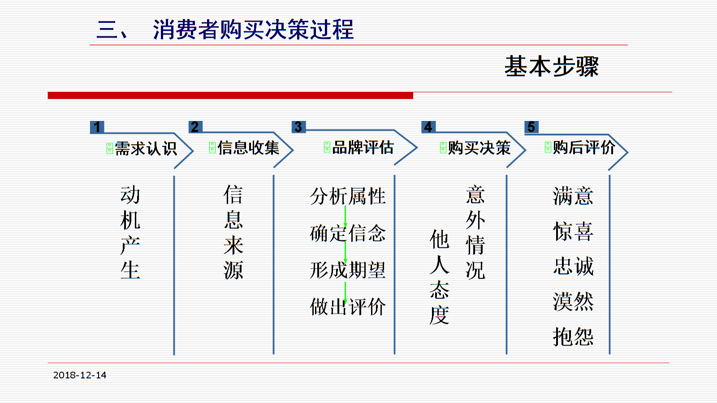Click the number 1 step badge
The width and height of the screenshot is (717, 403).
click(97, 127)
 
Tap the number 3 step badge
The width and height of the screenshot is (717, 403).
click(298, 127)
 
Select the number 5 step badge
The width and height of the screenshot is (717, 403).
click(531, 127)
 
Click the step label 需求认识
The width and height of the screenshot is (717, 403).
click(146, 149)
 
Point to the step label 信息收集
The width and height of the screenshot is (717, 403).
click(248, 148)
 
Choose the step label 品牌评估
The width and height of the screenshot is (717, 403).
click(363, 147)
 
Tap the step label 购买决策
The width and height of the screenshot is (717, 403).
click(479, 148)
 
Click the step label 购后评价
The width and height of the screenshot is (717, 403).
click(584, 147)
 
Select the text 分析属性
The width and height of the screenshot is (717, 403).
click(348, 196)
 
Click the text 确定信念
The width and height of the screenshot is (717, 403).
click(348, 233)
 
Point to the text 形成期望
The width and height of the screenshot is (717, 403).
click(348, 270)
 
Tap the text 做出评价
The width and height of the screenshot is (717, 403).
click(348, 307)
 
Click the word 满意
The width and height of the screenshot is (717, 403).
click(573, 196)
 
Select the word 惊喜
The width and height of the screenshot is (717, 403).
click(573, 231)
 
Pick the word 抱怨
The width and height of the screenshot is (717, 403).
click(573, 337)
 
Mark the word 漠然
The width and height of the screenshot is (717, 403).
click(573, 302)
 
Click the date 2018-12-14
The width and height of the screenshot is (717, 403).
click(80, 375)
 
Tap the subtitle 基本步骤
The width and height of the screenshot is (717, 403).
click(552, 66)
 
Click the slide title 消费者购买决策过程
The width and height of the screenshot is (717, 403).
click(253, 30)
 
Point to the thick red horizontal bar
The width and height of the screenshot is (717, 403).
click(230, 95)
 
